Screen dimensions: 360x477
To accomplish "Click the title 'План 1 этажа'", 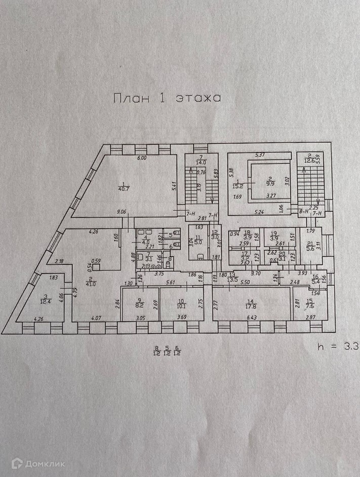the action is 167,98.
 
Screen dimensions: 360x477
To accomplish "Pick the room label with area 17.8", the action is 251,305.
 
